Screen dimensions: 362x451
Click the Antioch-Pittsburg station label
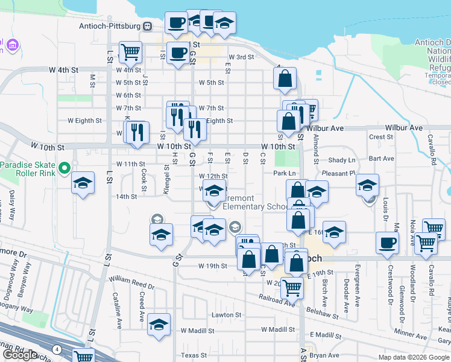[109, 26]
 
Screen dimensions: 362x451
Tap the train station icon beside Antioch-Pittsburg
[147, 26]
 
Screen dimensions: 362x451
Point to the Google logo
[20, 355]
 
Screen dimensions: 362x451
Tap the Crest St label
[381, 137]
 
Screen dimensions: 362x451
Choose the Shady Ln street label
[342, 160]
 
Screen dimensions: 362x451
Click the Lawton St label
[226, 315]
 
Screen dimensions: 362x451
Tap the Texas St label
[194, 355]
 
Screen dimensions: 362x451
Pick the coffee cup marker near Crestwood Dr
[387, 243]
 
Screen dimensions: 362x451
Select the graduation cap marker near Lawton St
[160, 324]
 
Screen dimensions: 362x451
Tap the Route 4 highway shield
[56, 349]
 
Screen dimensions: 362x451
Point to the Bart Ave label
[381, 159]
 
